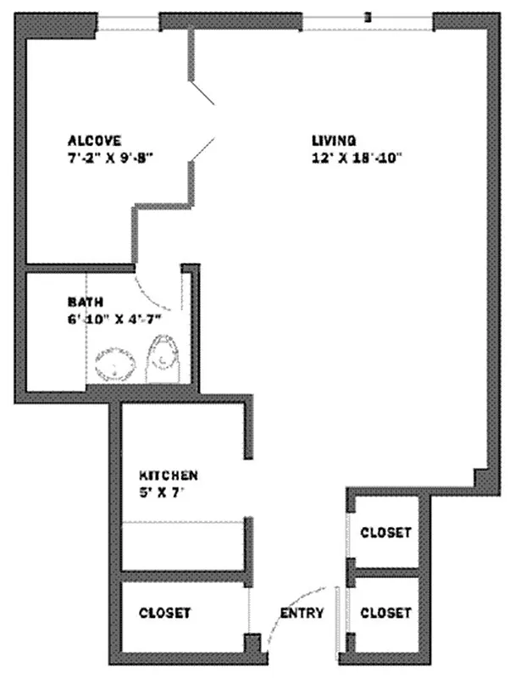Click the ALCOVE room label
tap(95, 140)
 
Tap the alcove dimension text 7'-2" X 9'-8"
tap(109, 156)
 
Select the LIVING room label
tap(333, 140)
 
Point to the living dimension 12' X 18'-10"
tap(355, 156)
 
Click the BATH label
tap(86, 302)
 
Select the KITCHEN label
tap(169, 475)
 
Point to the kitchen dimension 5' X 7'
tap(161, 492)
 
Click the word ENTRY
tap(302, 613)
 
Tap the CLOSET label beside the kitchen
tap(164, 612)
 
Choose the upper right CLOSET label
tap(386, 532)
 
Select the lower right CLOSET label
tap(386, 612)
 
